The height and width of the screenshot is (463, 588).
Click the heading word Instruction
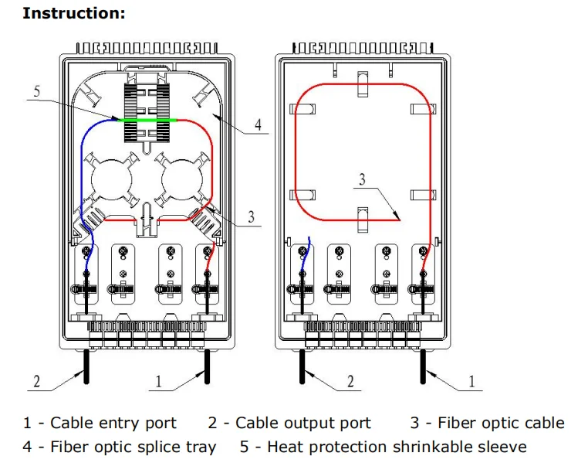(73, 13)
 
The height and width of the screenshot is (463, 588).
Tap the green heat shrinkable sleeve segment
(147, 120)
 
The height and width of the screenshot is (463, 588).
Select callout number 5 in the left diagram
(37, 91)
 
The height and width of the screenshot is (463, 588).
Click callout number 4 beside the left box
(258, 124)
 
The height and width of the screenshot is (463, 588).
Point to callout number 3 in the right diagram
(362, 179)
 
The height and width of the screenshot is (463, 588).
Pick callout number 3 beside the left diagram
(251, 217)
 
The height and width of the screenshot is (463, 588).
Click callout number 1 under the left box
(159, 381)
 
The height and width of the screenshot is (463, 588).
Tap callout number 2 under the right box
(350, 381)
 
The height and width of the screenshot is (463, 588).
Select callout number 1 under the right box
(471, 381)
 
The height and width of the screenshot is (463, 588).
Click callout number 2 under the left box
(37, 381)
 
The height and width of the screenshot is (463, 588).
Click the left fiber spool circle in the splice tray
(111, 180)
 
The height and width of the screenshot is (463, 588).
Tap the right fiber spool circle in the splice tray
(182, 180)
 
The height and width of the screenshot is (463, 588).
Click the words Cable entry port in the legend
(113, 424)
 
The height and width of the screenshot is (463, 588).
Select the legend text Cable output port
(303, 424)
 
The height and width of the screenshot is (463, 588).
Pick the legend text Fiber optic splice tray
(133, 447)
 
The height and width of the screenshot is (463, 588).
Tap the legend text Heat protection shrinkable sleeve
(397, 447)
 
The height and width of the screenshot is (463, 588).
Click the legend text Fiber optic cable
(501, 424)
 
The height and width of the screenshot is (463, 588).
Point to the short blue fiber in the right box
(306, 254)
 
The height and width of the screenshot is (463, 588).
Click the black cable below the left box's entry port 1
(207, 366)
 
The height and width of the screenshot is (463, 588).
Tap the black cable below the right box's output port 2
(302, 366)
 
